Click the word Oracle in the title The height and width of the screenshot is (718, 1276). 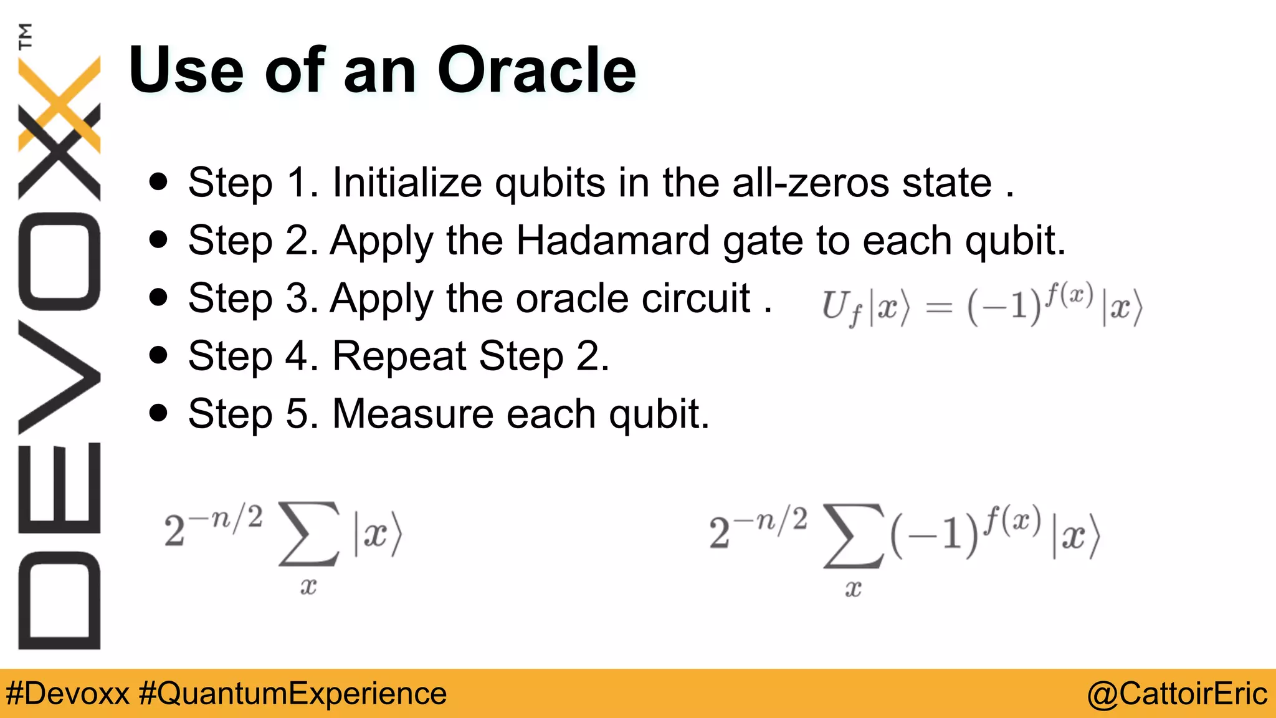(x=536, y=70)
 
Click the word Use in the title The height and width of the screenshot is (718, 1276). (x=186, y=70)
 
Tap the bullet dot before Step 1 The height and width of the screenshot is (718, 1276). (x=159, y=182)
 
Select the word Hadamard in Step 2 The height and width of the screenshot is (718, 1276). (x=612, y=241)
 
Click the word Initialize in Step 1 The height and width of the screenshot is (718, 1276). (x=406, y=183)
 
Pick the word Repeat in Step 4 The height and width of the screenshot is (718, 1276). (x=399, y=356)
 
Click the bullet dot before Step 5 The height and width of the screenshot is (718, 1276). (x=159, y=413)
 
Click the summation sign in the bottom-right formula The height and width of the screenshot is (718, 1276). (x=854, y=536)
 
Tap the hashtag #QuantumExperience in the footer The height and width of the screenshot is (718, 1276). (x=292, y=694)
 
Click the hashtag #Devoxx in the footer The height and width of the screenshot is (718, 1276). (x=67, y=694)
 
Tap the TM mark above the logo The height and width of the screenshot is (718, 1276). (x=25, y=36)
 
